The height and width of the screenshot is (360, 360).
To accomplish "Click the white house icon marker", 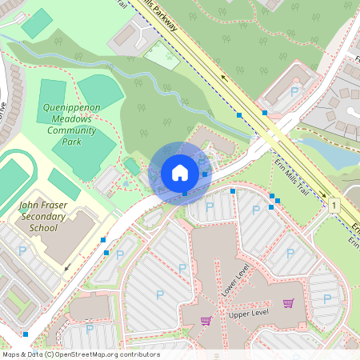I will [180, 173].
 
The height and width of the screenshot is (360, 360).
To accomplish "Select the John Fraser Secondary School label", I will [38, 216].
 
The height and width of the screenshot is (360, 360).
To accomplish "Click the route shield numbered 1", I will [332, 206].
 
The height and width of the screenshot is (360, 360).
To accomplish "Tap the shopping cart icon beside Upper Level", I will [288, 303].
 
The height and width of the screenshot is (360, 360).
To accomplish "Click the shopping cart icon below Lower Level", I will [206, 320].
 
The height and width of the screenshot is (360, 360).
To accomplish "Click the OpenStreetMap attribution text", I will [80, 354].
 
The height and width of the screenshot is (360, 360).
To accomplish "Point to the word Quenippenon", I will [71, 106].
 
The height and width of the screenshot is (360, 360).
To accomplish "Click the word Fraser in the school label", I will [54, 206].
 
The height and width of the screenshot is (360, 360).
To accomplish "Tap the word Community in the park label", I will [71, 130].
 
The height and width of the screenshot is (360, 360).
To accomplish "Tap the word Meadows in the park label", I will [71, 118].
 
